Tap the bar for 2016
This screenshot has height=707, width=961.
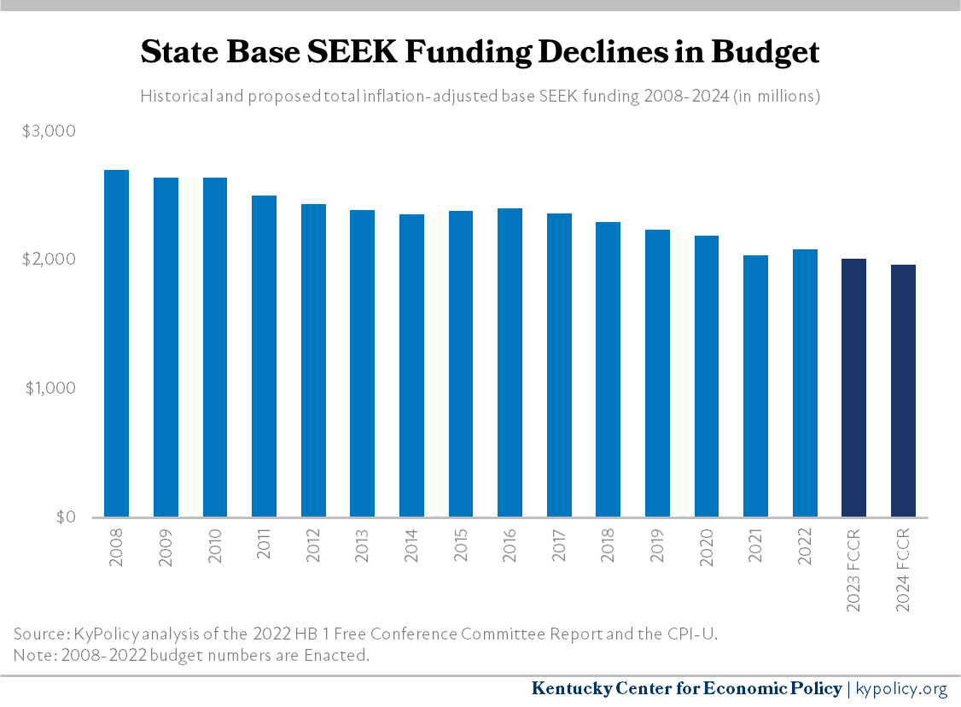[510, 363]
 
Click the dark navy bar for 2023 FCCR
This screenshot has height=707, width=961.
[853, 388]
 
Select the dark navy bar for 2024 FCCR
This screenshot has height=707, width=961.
[903, 391]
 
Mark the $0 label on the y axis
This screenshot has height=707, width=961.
[63, 517]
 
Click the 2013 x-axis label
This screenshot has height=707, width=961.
[362, 556]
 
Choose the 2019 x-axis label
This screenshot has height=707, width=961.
[656, 556]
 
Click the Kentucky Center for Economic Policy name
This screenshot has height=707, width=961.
[686, 688]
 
